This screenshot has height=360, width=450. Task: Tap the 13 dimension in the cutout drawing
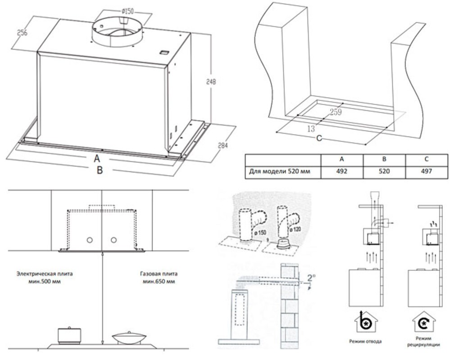(310, 129)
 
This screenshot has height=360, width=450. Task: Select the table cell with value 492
(341, 171)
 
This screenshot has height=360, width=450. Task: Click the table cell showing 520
(384, 171)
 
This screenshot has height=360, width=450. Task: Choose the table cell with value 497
(426, 171)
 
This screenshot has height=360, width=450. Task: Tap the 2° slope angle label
(311, 278)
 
